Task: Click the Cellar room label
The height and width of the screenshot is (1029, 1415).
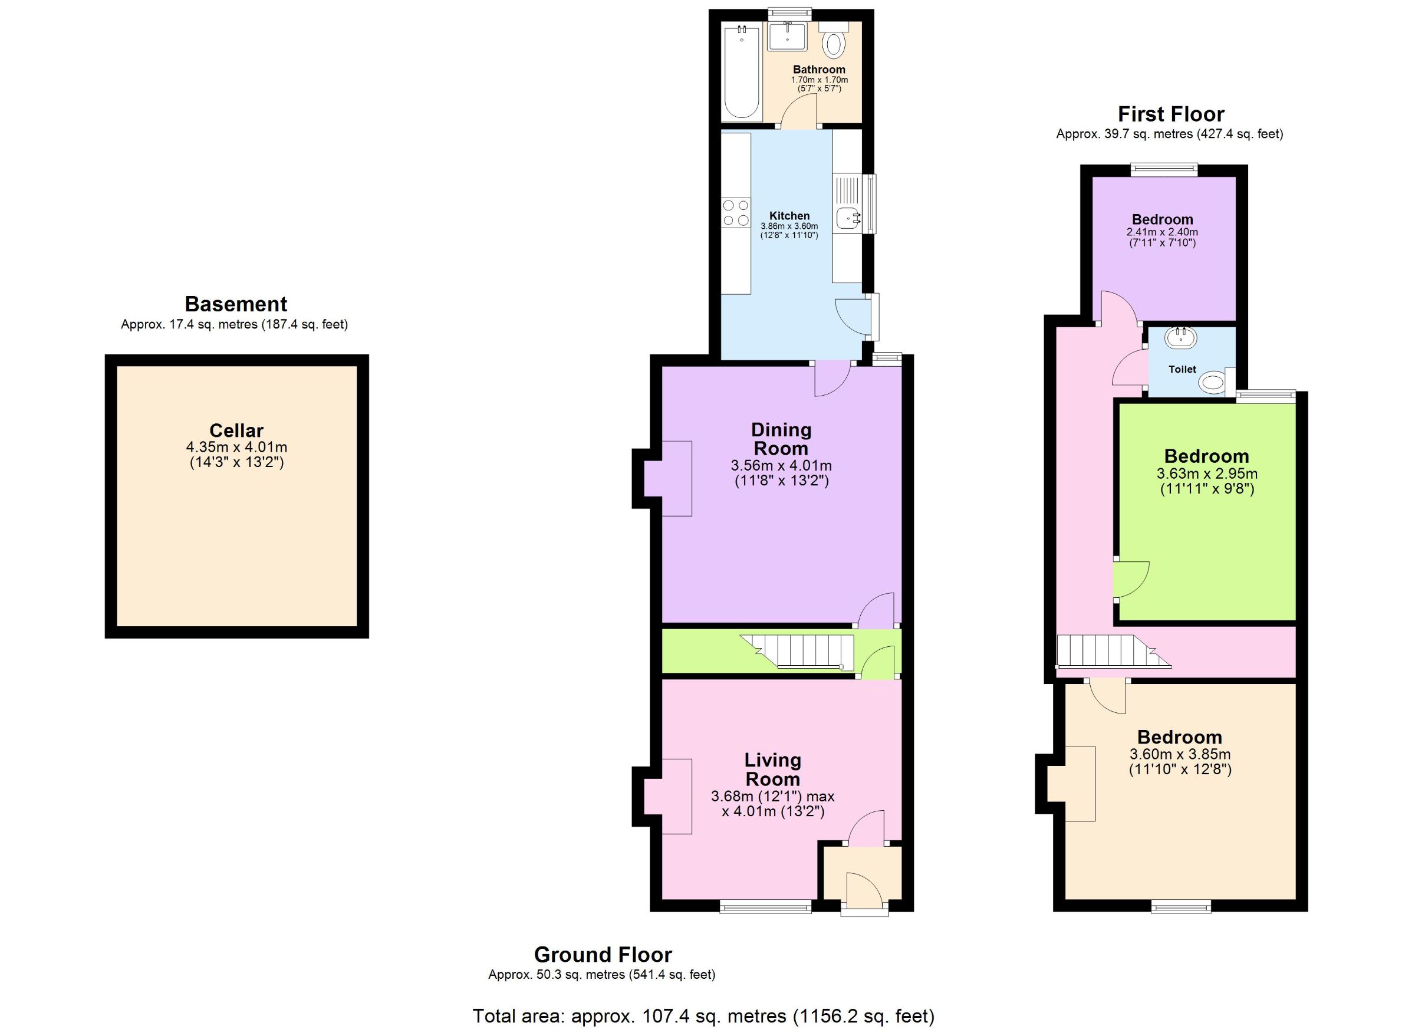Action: pyautogui.click(x=236, y=430)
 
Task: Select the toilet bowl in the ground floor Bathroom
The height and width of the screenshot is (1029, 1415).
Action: pyautogui.click(x=834, y=44)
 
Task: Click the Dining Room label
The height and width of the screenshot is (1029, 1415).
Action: pyautogui.click(x=781, y=439)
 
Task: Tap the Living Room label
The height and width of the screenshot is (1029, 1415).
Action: pyautogui.click(x=772, y=770)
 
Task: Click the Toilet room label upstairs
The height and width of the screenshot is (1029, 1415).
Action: pyautogui.click(x=1182, y=369)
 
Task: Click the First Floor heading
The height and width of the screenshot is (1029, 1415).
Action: pyautogui.click(x=1171, y=114)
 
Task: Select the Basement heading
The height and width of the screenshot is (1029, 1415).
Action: pyautogui.click(x=236, y=304)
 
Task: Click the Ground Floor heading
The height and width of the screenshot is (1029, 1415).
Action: pyautogui.click(x=603, y=955)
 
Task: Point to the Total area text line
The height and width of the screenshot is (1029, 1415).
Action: pyautogui.click(x=704, y=1017)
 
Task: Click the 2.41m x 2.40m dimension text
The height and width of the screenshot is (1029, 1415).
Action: pyautogui.click(x=1162, y=232)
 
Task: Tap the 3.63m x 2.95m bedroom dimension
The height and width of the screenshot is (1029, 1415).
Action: pyautogui.click(x=1207, y=474)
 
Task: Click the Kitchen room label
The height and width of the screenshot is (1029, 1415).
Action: pyautogui.click(x=789, y=216)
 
